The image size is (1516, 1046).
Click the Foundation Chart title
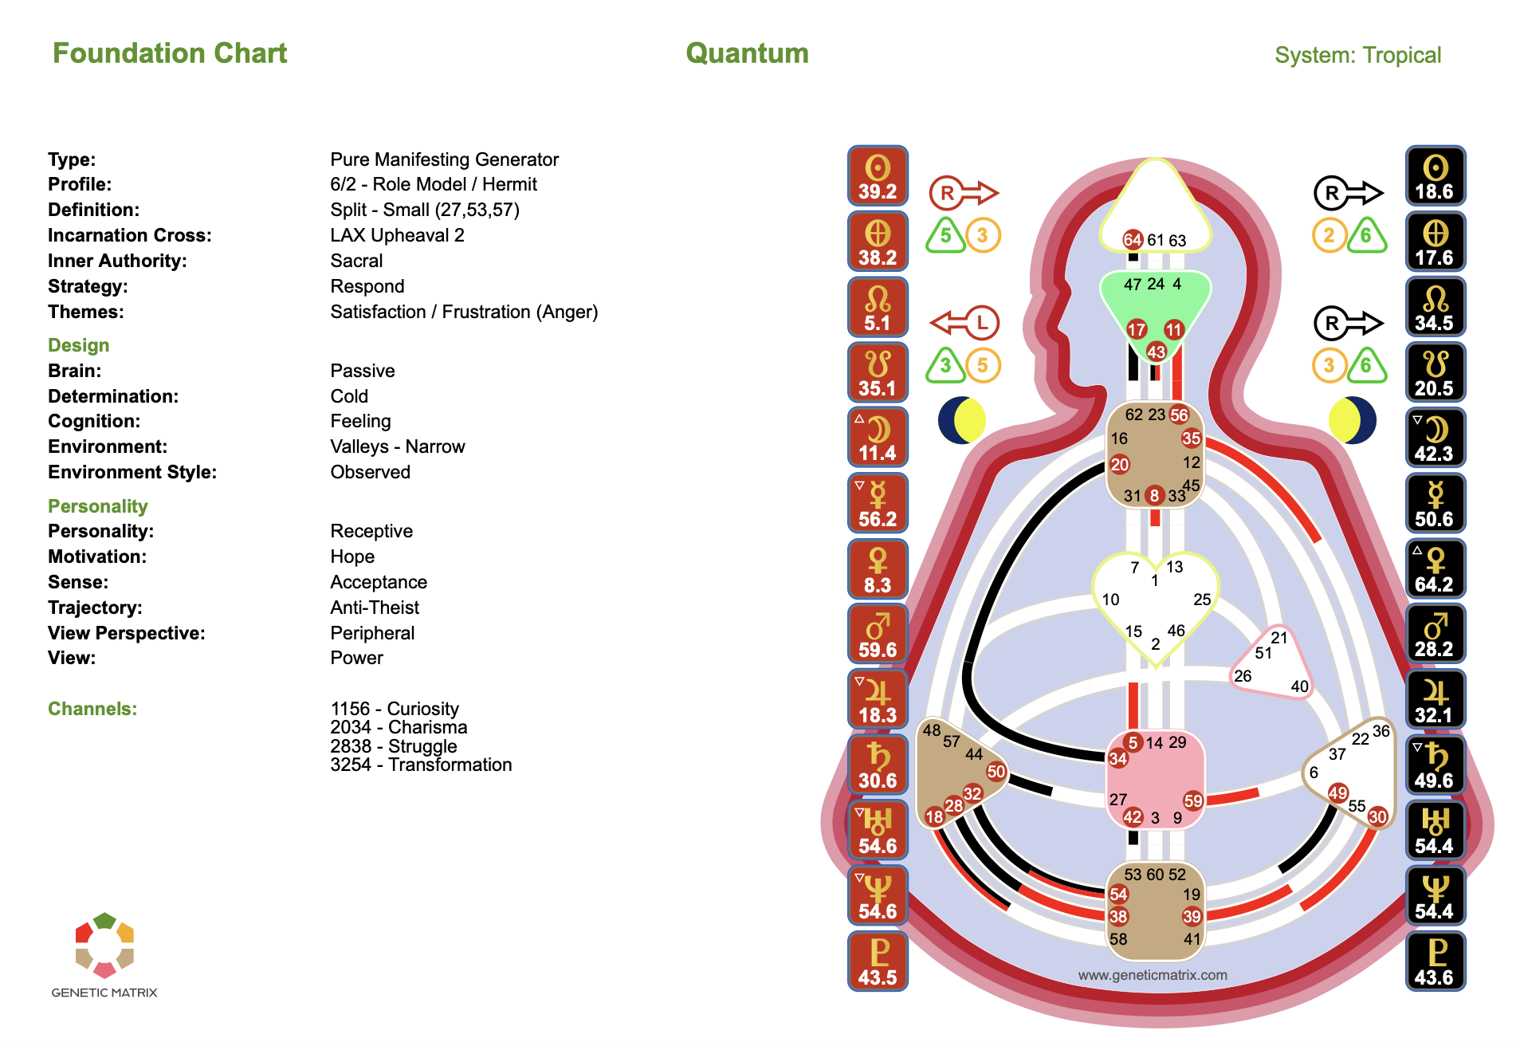(x=170, y=53)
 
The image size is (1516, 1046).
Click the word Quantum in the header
(x=747, y=53)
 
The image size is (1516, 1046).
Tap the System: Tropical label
(x=1357, y=55)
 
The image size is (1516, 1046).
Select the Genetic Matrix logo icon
(x=104, y=946)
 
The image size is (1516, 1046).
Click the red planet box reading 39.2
(x=878, y=176)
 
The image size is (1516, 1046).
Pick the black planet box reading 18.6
(x=1435, y=176)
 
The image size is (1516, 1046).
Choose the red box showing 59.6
(x=878, y=635)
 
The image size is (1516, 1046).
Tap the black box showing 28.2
(x=1435, y=635)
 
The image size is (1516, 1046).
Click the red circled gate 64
(x=1133, y=239)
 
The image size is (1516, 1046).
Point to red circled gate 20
(x=1120, y=464)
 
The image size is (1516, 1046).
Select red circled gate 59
(x=1193, y=800)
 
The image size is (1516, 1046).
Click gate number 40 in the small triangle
(x=1299, y=686)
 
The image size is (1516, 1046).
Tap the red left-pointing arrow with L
(x=964, y=323)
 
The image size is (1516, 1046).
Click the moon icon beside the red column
(x=962, y=420)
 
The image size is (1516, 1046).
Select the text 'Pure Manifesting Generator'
(x=444, y=159)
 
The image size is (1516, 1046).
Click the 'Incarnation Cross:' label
(x=130, y=235)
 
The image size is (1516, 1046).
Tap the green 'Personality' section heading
(x=98, y=506)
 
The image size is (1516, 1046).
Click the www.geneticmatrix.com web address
(x=1153, y=975)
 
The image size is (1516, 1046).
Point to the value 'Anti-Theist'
(x=375, y=608)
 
